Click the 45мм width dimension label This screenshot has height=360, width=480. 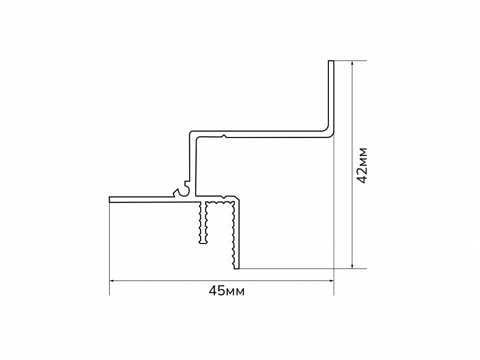(x=227, y=290)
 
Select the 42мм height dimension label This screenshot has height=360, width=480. (x=362, y=165)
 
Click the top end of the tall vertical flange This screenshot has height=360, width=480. (x=331, y=61)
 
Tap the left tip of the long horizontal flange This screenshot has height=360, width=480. (x=110, y=199)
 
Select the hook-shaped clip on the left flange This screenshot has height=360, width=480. (x=183, y=190)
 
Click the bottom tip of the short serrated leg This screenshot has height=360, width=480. (x=203, y=243)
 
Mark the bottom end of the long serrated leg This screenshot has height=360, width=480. (x=236, y=268)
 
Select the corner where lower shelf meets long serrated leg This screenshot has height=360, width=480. (x=237, y=198)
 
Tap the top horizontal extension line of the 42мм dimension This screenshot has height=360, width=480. (x=350, y=61)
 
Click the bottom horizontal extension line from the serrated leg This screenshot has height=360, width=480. (x=303, y=269)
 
